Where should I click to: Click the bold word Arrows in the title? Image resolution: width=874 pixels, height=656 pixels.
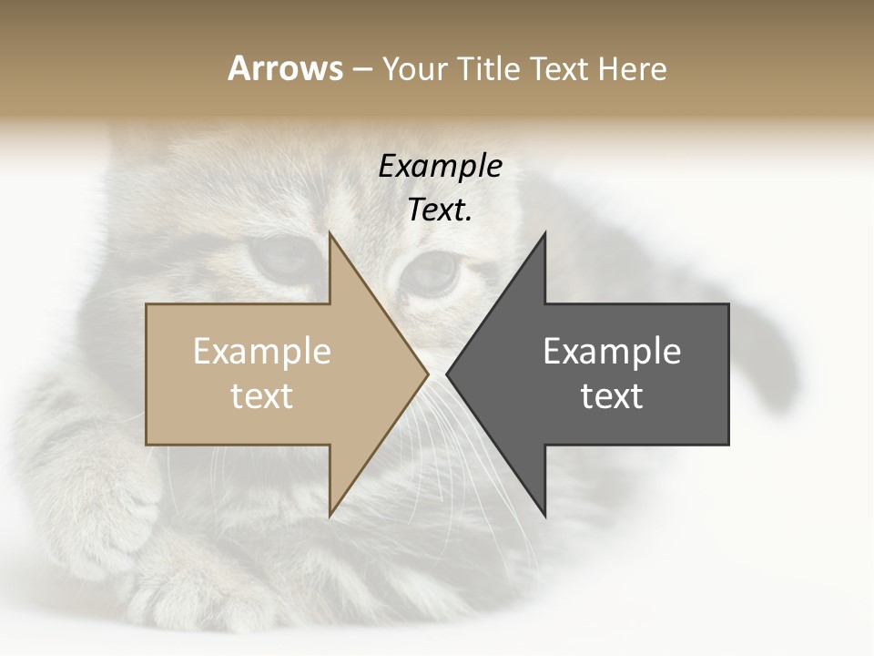tap(285, 68)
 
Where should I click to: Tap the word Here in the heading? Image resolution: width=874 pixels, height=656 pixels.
tap(632, 68)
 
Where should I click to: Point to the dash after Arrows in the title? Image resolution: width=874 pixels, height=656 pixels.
tap(362, 69)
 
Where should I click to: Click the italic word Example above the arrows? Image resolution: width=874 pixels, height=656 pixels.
tap(440, 166)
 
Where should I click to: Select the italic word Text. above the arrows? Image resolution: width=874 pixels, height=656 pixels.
tap(440, 210)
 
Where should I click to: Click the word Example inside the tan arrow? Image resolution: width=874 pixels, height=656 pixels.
tap(262, 351)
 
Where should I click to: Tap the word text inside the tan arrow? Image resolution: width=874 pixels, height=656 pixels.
tap(262, 396)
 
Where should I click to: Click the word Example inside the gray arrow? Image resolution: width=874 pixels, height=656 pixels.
tap(612, 351)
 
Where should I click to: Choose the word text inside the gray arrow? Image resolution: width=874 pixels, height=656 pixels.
tap(612, 396)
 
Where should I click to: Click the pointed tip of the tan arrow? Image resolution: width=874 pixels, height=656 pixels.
tap(427, 374)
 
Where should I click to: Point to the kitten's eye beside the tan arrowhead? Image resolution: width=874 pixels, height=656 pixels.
tap(284, 260)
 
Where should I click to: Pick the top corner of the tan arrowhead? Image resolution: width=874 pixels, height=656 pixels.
tap(330, 233)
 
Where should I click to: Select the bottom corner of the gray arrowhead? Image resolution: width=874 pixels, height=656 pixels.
tap(544, 515)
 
